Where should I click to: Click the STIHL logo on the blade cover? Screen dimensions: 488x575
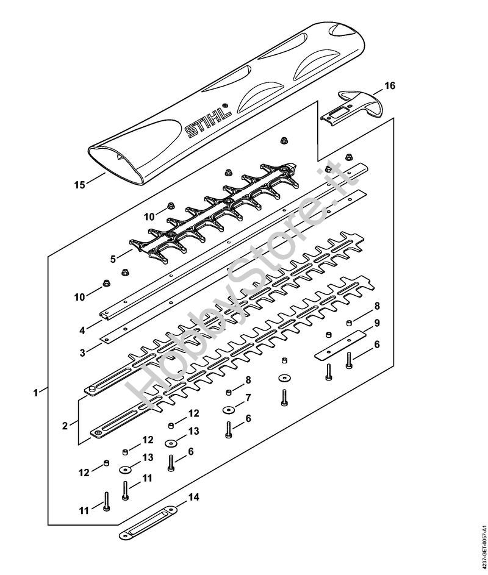coord(209,120)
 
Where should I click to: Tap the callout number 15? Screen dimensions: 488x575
coord(79,185)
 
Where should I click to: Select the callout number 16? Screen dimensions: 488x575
coord(390,86)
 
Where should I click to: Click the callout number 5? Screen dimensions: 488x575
coord(113,259)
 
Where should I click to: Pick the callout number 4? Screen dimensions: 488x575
coord(82,330)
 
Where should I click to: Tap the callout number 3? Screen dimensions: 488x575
coord(82,353)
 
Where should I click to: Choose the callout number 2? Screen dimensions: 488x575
coord(65,426)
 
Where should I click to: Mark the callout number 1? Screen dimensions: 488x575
coord(35,393)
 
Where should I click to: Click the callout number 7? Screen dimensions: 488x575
coord(248,398)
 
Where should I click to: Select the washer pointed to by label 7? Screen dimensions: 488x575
coord(228,409)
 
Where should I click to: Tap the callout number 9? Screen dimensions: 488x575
coord(377,323)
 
